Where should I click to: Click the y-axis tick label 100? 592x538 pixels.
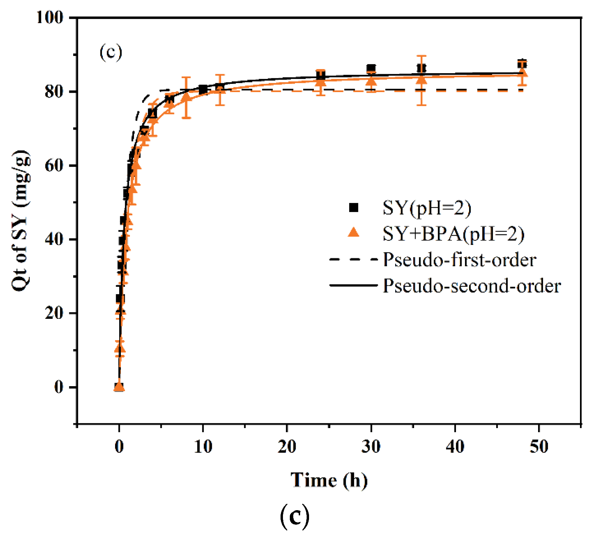pyautogui.click(x=50, y=17)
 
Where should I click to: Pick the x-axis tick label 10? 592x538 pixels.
pyautogui.click(x=203, y=446)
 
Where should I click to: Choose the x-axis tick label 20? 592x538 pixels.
pyautogui.click(x=287, y=446)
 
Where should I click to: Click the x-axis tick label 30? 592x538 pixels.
pyautogui.click(x=371, y=446)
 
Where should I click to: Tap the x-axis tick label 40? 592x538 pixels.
pyautogui.click(x=455, y=446)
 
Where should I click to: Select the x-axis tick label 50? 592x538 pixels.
pyautogui.click(x=539, y=446)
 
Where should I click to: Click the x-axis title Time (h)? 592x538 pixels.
pyautogui.click(x=329, y=480)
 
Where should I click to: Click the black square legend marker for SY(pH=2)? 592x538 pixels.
pyautogui.click(x=353, y=208)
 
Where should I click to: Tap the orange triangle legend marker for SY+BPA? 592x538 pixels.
pyautogui.click(x=353, y=233)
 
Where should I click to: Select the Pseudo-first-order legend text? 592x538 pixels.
pyautogui.click(x=459, y=260)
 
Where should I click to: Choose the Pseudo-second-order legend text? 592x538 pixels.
pyautogui.click(x=472, y=286)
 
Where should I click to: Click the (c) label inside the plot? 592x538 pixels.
pyautogui.click(x=111, y=52)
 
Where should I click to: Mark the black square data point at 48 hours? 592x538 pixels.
pyautogui.click(x=522, y=64)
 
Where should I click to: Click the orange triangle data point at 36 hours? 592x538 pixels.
pyautogui.click(x=421, y=80)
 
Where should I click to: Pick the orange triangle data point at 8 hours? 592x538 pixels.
pyautogui.click(x=186, y=98)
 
